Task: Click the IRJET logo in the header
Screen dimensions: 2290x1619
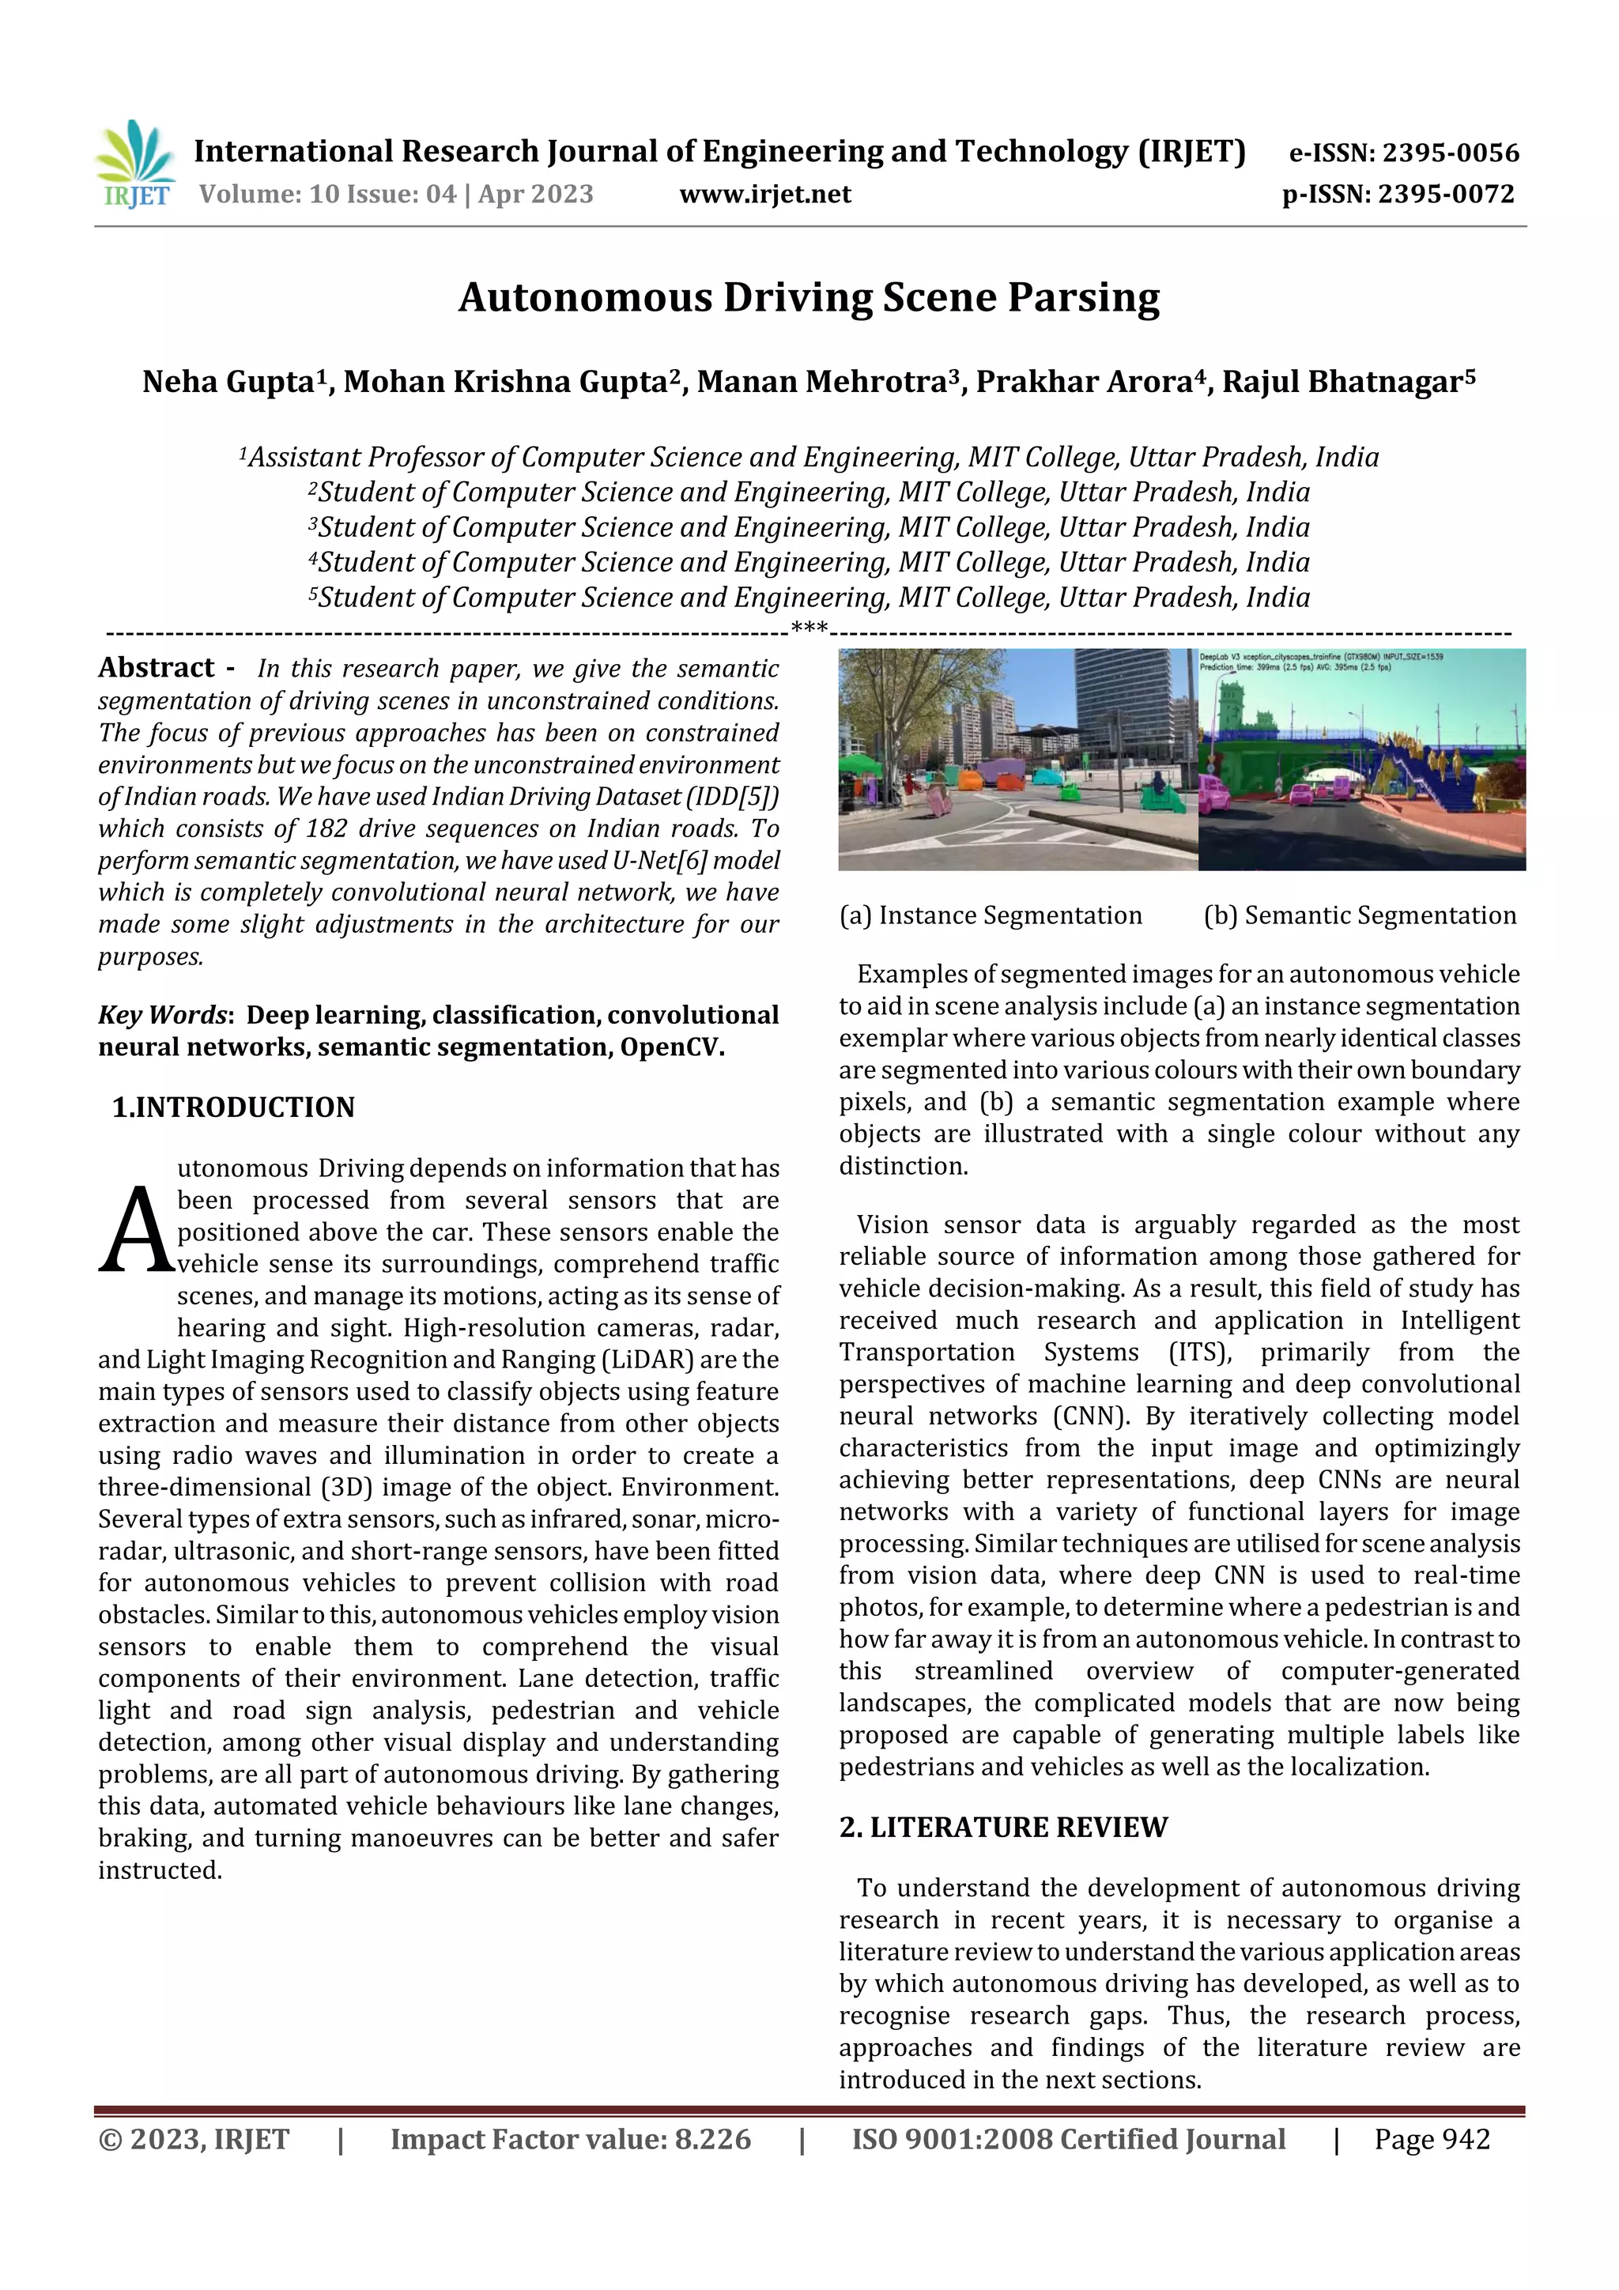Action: (136, 164)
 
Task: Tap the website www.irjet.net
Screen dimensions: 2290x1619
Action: (765, 194)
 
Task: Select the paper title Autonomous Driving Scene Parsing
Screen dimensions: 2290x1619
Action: (809, 297)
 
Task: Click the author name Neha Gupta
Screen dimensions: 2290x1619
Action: (228, 382)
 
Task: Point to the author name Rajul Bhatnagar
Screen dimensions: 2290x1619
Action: (1342, 382)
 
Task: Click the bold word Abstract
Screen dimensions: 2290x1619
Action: (157, 667)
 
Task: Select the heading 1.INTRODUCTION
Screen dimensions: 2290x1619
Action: (233, 1107)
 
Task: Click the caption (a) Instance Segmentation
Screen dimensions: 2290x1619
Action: (991, 915)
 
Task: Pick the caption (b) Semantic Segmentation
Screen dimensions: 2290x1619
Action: (1360, 915)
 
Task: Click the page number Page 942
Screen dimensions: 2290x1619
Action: (1432, 2139)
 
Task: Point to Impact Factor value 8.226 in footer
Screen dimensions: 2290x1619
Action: (571, 2139)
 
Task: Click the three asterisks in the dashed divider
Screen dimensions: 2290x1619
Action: (809, 628)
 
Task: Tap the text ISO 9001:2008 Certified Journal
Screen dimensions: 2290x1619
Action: (1068, 2139)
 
